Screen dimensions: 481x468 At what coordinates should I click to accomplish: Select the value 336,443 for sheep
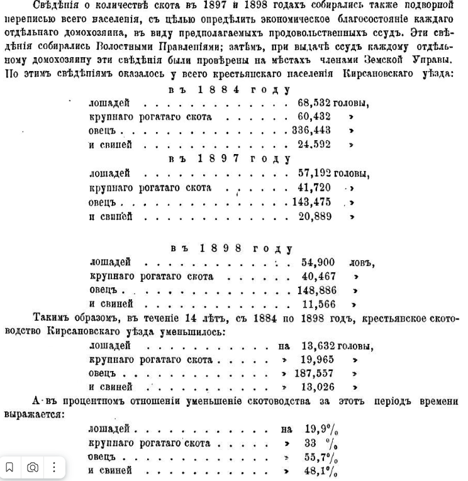pyautogui.click(x=313, y=131)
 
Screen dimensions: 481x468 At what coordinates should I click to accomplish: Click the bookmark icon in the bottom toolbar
pyautogui.click(x=11, y=467)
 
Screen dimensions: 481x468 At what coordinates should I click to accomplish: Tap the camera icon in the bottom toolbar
pyautogui.click(x=33, y=467)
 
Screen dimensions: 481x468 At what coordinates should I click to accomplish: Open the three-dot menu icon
pyautogui.click(x=55, y=467)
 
